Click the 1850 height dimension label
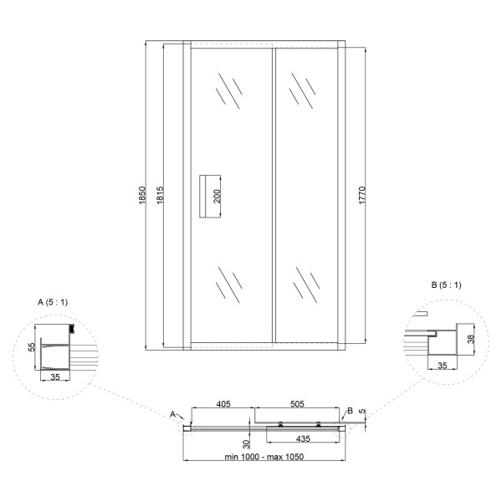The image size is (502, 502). coord(143,195)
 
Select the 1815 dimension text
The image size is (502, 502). coord(161,195)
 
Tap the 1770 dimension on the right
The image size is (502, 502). coord(362,195)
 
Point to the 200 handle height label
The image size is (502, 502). coord(217,197)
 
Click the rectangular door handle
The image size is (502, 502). coord(210,197)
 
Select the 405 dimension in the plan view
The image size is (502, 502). coord(223,404)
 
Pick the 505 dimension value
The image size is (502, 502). coord(297,404)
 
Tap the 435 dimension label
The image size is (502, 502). coord(303,438)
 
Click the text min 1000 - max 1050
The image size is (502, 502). coord(264,457)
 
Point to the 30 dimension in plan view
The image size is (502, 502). coord(246,444)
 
